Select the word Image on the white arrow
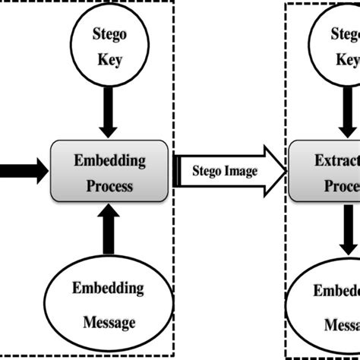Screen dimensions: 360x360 [242, 171]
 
